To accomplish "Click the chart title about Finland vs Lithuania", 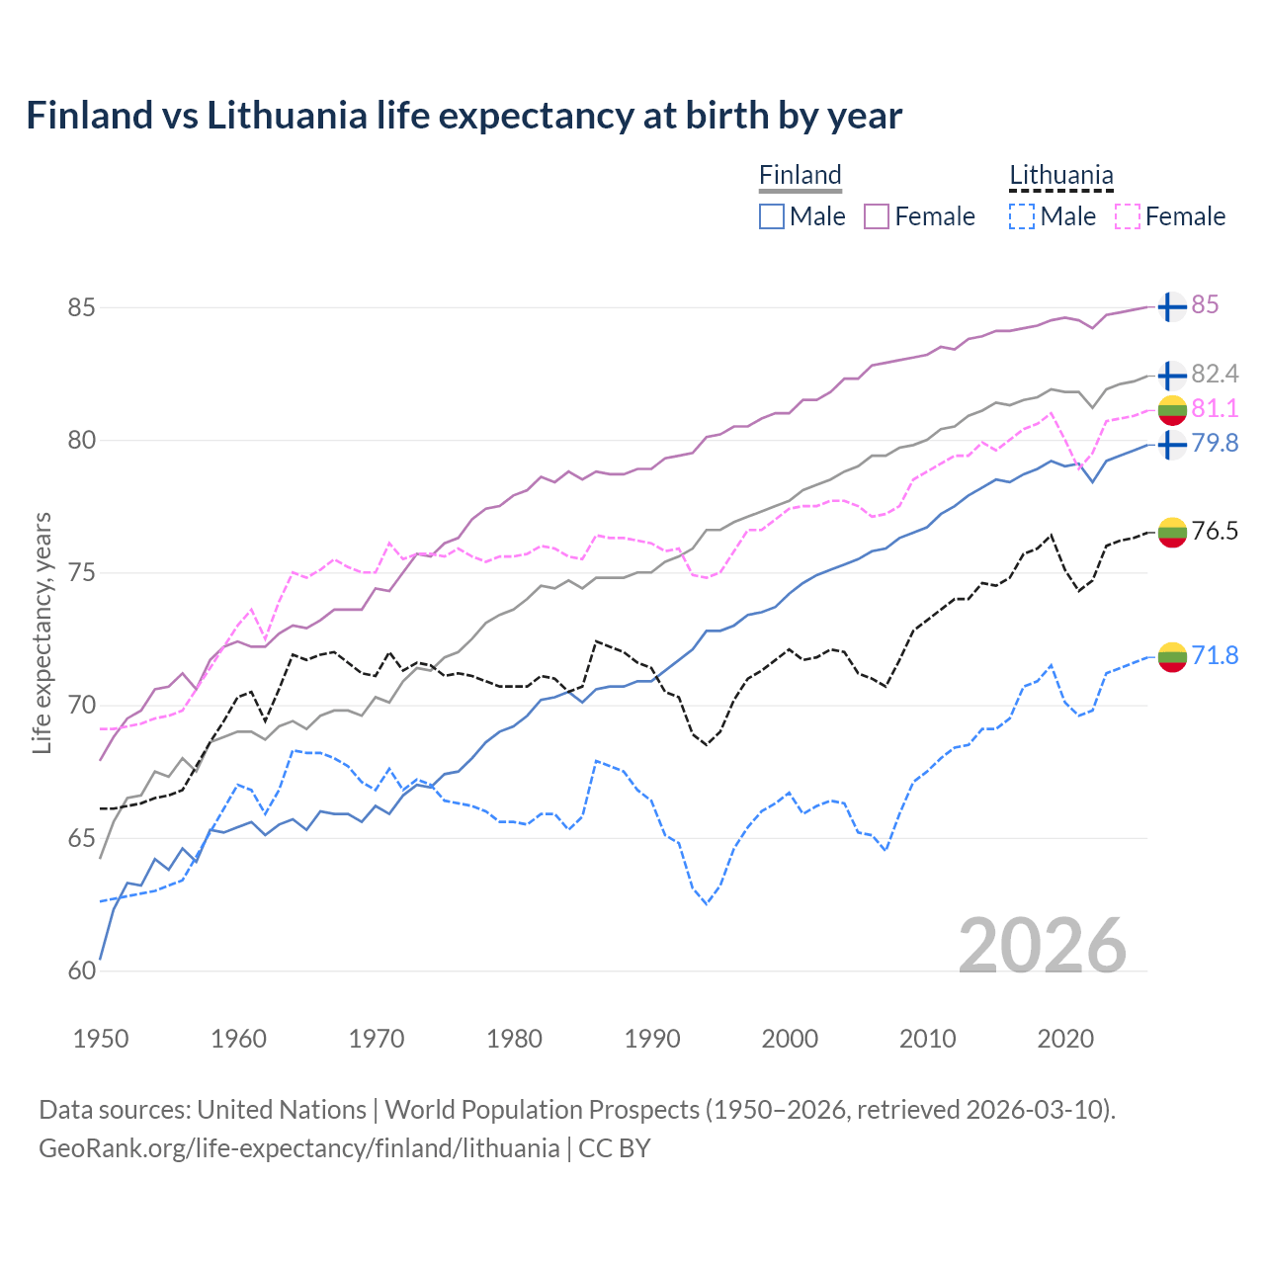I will tap(464, 116).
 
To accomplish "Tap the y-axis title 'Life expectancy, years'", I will tap(42, 632).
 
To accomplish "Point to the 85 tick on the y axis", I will tap(81, 307).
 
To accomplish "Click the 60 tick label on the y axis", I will tap(81, 970).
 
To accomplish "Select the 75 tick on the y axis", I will tap(81, 573).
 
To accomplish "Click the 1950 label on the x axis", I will tap(101, 1039).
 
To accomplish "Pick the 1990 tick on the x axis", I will tap(652, 1039).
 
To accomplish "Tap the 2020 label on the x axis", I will tap(1065, 1039).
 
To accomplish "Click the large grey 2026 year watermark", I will tap(1043, 946).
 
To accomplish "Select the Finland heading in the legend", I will tap(800, 176).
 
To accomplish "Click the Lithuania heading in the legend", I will tap(1060, 176).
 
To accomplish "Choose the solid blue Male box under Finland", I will tap(772, 216).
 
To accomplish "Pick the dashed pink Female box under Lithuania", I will tap(1128, 216).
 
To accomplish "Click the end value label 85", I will tap(1205, 305).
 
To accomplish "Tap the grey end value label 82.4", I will tap(1215, 374).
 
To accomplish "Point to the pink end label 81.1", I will tap(1215, 408).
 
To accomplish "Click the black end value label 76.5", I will tap(1215, 532).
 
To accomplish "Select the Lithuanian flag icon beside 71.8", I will tap(1172, 656).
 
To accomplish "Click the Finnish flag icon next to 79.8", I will tap(1172, 444).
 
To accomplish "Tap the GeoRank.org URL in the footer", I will tap(298, 1148).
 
